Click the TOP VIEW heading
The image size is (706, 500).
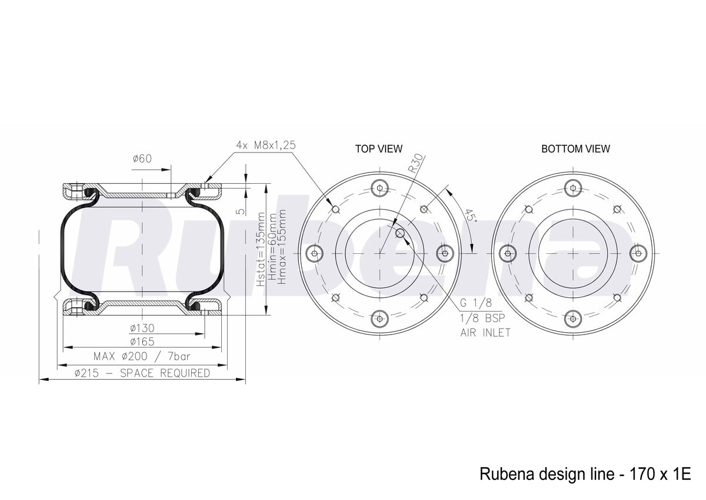(x=379, y=148)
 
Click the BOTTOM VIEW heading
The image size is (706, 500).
(x=575, y=148)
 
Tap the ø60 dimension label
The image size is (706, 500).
(x=142, y=158)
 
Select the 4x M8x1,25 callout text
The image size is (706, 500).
(x=266, y=145)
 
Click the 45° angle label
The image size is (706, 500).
(x=469, y=215)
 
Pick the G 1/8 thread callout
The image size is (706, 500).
(x=476, y=303)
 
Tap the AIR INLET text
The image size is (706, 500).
(x=485, y=333)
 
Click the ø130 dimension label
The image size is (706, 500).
(x=142, y=329)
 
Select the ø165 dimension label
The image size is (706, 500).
(x=142, y=342)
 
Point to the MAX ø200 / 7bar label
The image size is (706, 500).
(x=142, y=356)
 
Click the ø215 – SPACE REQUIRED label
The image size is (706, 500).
(x=142, y=373)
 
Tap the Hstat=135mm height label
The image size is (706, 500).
(x=261, y=249)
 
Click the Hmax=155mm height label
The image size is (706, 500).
(x=282, y=247)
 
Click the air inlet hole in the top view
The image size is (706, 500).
(x=400, y=233)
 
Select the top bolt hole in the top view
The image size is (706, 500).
(x=380, y=188)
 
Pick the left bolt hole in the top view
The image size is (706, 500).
(x=315, y=253)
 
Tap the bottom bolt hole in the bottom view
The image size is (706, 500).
(x=573, y=319)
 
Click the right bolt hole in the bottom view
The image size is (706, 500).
(x=638, y=253)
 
